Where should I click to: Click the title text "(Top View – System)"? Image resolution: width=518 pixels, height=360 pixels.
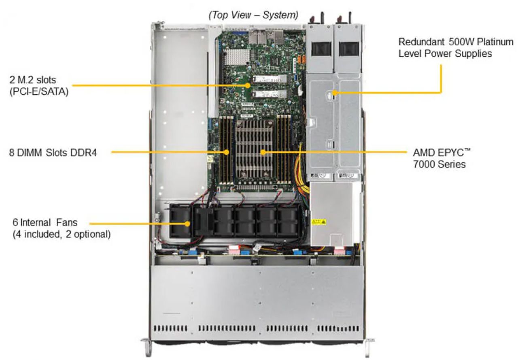pyautogui.click(x=253, y=15)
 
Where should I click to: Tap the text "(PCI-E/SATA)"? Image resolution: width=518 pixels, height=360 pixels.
pyautogui.click(x=39, y=92)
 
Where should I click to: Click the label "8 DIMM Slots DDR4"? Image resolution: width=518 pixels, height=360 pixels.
pyautogui.click(x=53, y=153)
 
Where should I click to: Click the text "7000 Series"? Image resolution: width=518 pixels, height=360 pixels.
pyautogui.click(x=439, y=164)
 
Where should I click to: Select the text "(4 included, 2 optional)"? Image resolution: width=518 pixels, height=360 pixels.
pyautogui.click(x=62, y=234)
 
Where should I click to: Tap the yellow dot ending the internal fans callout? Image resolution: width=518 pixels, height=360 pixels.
pyautogui.click(x=187, y=223)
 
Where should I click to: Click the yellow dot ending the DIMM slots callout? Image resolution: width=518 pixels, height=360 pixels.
pyautogui.click(x=227, y=153)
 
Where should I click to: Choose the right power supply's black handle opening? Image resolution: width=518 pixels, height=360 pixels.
pyautogui.click(x=349, y=49)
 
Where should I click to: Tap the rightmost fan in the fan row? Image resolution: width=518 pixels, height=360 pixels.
pyautogui.click(x=287, y=222)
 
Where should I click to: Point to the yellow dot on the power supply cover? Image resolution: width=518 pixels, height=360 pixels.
pyautogui.click(x=335, y=93)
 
